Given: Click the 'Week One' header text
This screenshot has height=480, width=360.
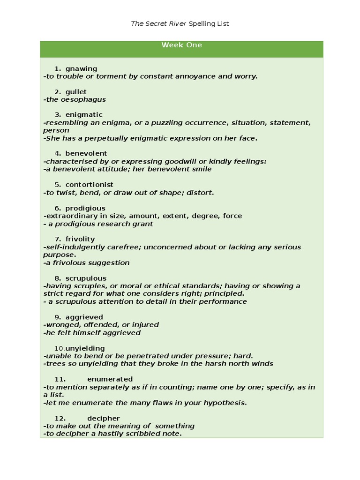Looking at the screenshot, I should [x=181, y=45].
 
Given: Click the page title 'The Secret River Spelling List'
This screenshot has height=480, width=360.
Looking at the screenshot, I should [x=180, y=23].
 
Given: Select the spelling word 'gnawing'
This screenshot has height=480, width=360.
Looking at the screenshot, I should [x=81, y=68].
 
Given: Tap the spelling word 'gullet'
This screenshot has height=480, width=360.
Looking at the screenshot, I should [x=76, y=91].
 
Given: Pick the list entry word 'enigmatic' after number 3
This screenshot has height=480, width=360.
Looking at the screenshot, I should [x=84, y=114].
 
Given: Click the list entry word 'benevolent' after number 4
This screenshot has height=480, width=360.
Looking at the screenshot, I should [x=86, y=153].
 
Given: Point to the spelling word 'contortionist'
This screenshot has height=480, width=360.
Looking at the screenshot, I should [x=89, y=185].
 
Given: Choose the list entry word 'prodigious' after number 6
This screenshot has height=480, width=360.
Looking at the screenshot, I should [x=85, y=208].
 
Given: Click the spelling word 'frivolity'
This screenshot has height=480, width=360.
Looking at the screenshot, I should [x=80, y=239].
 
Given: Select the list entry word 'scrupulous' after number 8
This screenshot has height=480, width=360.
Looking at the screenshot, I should [x=86, y=278].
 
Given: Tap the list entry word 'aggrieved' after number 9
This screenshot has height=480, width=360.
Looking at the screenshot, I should [x=84, y=317].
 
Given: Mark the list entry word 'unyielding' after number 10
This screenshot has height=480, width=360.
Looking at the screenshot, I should [x=85, y=348].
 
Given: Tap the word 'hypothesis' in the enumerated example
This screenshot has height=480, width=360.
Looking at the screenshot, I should [x=223, y=403].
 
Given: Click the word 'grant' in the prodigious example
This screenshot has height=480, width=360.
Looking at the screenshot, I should [x=143, y=224].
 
